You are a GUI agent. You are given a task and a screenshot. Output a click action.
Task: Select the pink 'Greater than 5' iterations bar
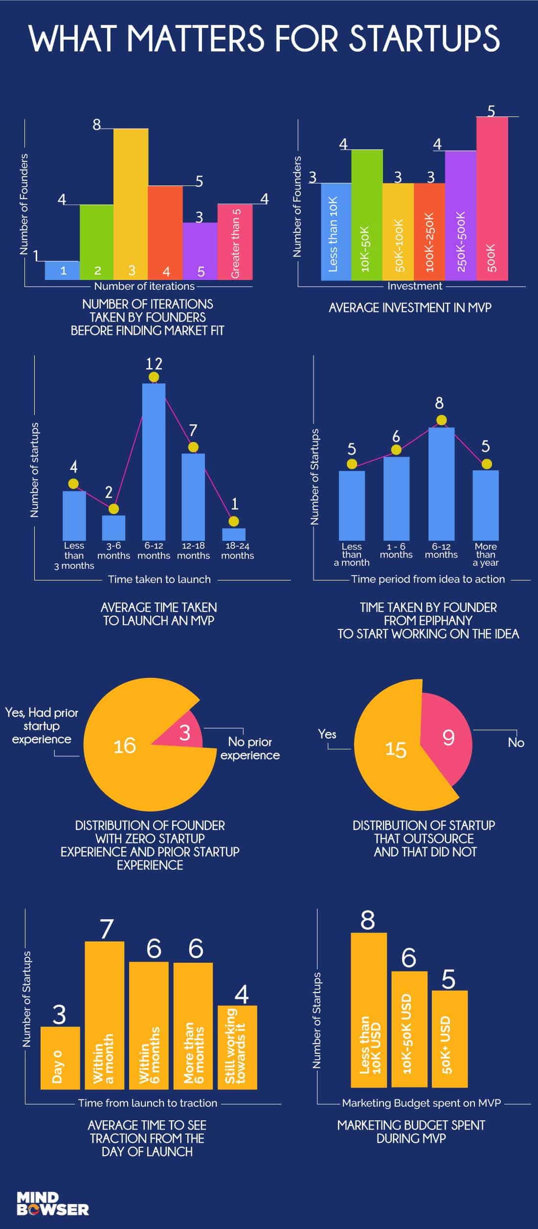coord(235,242)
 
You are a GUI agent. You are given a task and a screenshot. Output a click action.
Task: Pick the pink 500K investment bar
coord(492,198)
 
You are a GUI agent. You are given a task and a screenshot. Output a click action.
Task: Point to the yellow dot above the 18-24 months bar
coord(234,521)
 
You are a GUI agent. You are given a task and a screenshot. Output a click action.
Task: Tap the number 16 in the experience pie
coord(125,745)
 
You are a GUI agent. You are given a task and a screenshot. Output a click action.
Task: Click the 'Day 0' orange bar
coord(60,1058)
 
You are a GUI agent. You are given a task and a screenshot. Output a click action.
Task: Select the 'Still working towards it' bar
coord(237,1047)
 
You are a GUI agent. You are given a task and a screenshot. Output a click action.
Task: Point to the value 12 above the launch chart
coord(154,364)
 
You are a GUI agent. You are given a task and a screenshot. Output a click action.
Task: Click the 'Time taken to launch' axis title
coord(159,579)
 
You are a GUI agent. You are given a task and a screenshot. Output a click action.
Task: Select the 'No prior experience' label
coord(250,748)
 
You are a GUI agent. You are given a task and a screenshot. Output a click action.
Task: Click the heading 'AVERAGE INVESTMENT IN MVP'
coord(410,308)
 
